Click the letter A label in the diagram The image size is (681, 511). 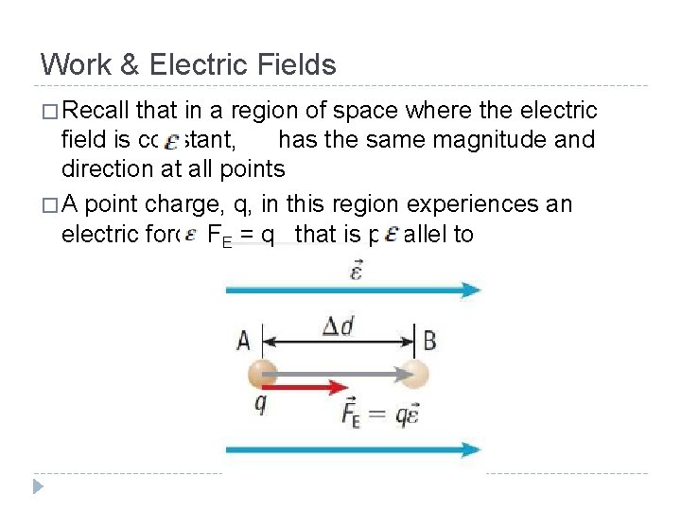point(242,339)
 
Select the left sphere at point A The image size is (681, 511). point(262,375)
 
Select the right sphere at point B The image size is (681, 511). point(412,375)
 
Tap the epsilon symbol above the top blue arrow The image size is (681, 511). point(356,272)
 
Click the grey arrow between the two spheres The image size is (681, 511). point(340,375)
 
